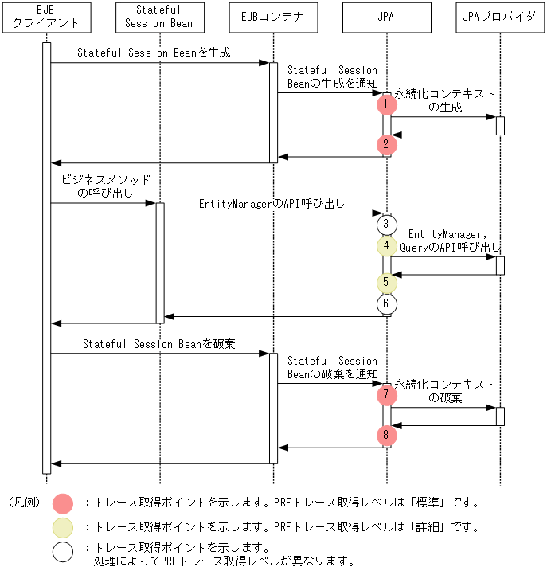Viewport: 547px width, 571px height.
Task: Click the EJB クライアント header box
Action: (46, 17)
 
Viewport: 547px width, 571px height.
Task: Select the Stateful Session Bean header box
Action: (159, 17)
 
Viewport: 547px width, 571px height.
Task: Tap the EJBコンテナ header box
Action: (272, 17)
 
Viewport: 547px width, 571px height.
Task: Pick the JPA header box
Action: (386, 17)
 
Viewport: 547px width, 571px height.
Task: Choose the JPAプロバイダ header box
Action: (499, 17)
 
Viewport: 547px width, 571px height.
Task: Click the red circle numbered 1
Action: (386, 104)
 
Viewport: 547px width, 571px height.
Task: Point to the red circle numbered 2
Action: (386, 144)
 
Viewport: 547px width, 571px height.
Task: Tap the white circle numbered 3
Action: (386, 225)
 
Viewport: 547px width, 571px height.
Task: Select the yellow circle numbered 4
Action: (386, 245)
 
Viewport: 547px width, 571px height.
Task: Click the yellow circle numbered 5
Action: (386, 282)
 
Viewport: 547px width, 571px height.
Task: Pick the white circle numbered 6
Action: (386, 303)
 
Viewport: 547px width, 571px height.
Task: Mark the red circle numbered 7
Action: (386, 394)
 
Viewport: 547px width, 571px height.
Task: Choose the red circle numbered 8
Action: (386, 435)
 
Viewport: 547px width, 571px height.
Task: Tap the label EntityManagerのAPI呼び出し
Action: (272, 204)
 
